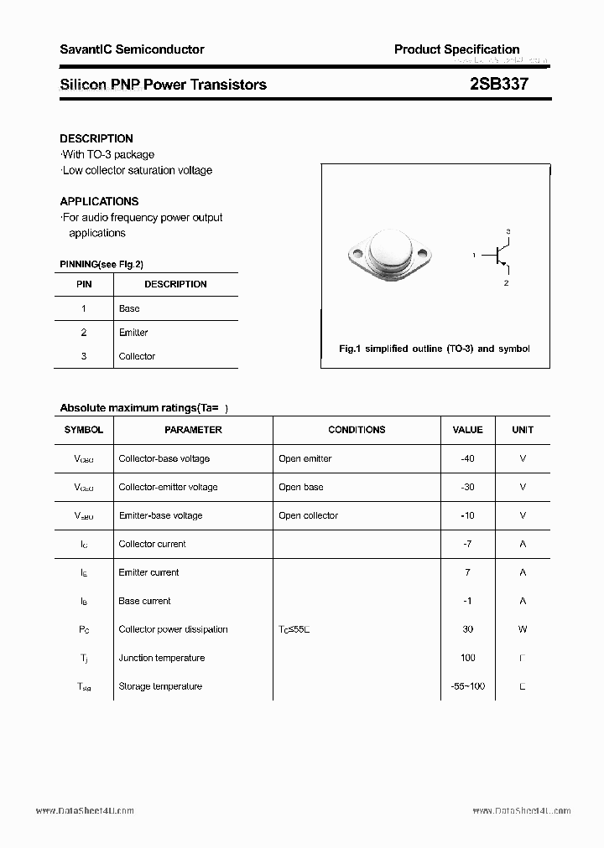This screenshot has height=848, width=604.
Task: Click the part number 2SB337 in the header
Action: (498, 84)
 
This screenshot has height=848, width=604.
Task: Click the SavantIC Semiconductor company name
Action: (132, 49)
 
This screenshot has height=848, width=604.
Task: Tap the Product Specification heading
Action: (456, 49)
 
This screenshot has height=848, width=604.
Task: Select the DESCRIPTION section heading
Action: (96, 138)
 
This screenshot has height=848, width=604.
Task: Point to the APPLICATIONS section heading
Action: (99, 201)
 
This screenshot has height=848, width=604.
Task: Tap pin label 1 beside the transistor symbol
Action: (474, 255)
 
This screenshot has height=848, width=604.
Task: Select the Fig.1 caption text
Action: (434, 349)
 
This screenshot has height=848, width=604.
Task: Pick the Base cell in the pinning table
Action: (129, 308)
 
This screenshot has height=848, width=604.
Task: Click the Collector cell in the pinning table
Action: (137, 356)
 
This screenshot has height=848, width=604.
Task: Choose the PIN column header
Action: (84, 284)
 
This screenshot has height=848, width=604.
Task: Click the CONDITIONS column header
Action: (357, 430)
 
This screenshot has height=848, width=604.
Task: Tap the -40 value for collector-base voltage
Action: (467, 458)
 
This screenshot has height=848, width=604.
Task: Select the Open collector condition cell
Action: (308, 515)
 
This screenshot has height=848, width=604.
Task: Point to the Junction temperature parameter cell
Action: (161, 658)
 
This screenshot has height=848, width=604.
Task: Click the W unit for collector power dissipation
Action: (522, 629)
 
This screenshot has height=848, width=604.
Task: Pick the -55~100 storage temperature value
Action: (467, 686)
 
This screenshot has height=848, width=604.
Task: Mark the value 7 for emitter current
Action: (467, 572)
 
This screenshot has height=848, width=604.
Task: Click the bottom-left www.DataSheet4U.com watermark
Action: (85, 811)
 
